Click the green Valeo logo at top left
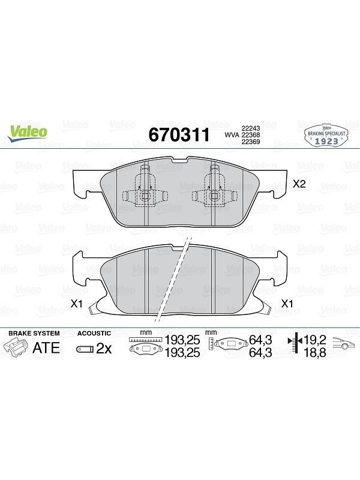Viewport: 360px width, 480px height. pos(28,134)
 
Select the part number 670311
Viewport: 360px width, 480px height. pos(179,134)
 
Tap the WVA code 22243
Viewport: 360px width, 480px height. pos(251,128)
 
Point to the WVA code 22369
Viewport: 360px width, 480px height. pos(251,142)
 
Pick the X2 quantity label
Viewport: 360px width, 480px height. pos(299,184)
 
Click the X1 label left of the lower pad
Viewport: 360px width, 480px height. pos(77,304)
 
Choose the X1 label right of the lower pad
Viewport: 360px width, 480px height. pos(287,304)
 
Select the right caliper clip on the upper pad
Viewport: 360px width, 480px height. pos(214,187)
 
